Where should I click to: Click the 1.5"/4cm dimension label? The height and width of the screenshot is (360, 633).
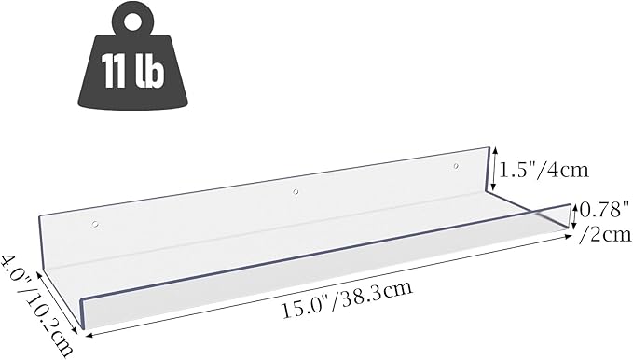[x=545, y=170]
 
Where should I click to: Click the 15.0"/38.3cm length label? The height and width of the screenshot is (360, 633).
[x=347, y=300]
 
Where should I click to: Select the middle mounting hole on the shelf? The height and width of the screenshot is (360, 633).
[x=296, y=193]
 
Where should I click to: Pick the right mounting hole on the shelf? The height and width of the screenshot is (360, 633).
[x=456, y=168]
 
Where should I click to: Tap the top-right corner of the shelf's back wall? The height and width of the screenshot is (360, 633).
[x=489, y=147]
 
